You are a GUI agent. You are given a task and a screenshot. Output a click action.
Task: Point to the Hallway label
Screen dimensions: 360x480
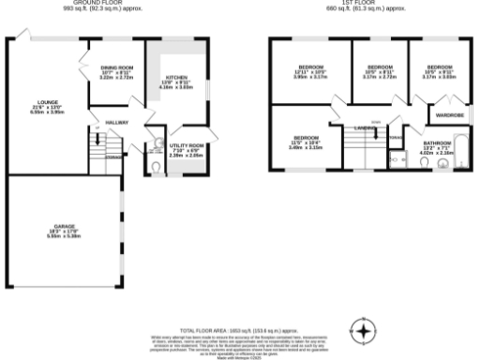click(117, 123)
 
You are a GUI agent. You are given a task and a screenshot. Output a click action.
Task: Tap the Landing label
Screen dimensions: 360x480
click(365, 128)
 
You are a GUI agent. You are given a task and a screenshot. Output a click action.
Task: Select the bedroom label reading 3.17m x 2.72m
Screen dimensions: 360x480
click(379, 72)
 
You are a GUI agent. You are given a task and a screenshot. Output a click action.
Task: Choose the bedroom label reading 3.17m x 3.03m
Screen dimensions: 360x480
click(439, 72)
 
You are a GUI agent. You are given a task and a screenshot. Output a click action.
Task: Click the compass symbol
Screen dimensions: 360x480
click(363, 331)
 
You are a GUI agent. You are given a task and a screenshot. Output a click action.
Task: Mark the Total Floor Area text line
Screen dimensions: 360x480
click(239, 331)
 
